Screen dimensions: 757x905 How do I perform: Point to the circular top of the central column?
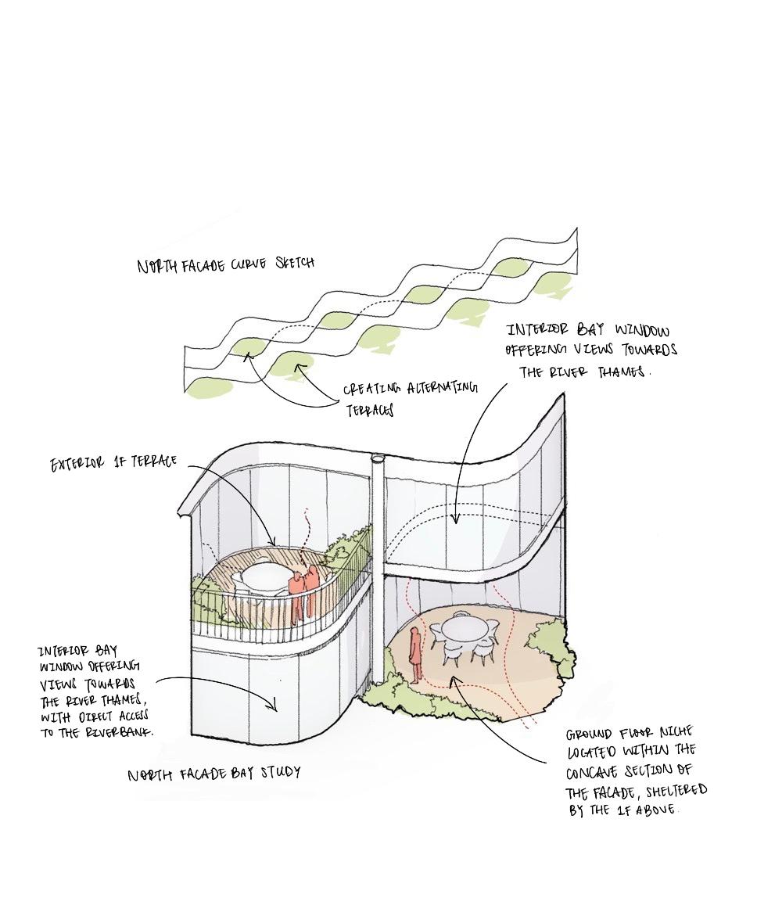coord(378,455)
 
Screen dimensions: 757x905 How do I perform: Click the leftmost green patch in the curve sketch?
coord(205,386)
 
